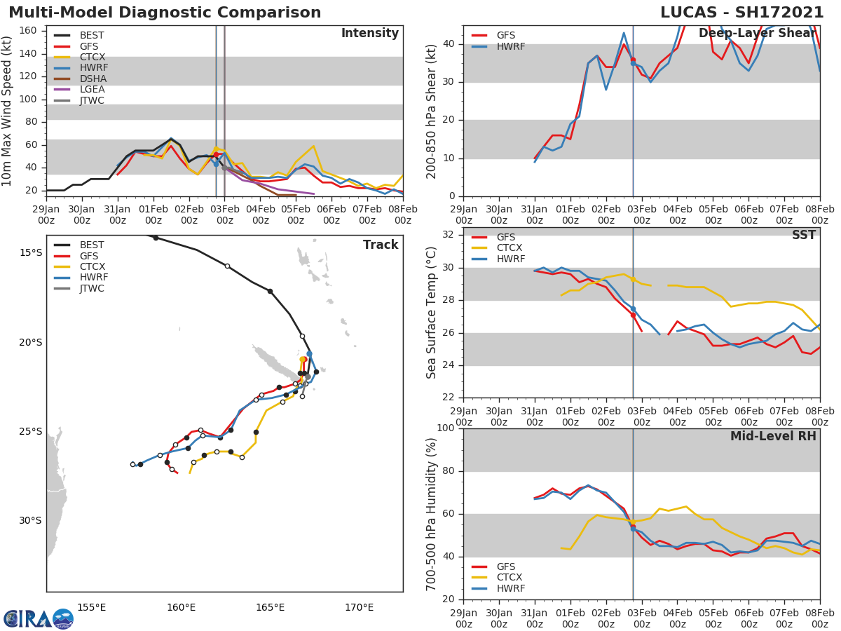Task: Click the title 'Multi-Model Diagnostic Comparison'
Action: click(x=165, y=13)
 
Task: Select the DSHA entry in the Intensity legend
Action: click(x=92, y=79)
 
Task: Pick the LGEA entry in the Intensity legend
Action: click(x=92, y=89)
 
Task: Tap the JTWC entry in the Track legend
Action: click(x=92, y=288)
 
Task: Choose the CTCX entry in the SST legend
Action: click(x=509, y=248)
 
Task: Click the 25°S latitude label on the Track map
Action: click(x=30, y=431)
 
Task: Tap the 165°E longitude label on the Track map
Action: click(x=270, y=607)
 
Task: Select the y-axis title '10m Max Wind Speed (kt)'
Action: click(x=8, y=111)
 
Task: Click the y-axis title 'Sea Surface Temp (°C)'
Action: click(x=432, y=313)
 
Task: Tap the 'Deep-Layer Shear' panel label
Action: click(x=757, y=34)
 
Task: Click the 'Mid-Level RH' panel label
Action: click(x=773, y=436)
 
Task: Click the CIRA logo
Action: click(x=38, y=618)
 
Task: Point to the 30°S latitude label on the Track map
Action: click(x=30, y=520)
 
